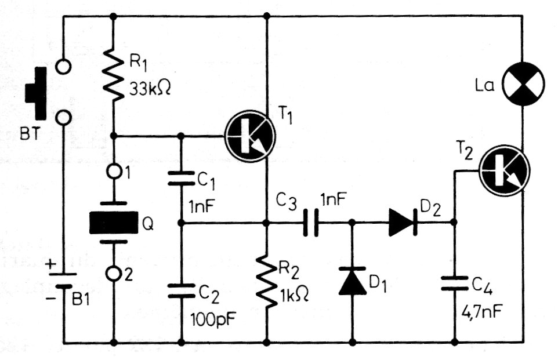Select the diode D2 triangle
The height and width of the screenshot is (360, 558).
point(401,223)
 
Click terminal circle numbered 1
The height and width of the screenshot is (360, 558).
point(113,173)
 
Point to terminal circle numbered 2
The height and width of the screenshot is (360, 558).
point(113,272)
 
